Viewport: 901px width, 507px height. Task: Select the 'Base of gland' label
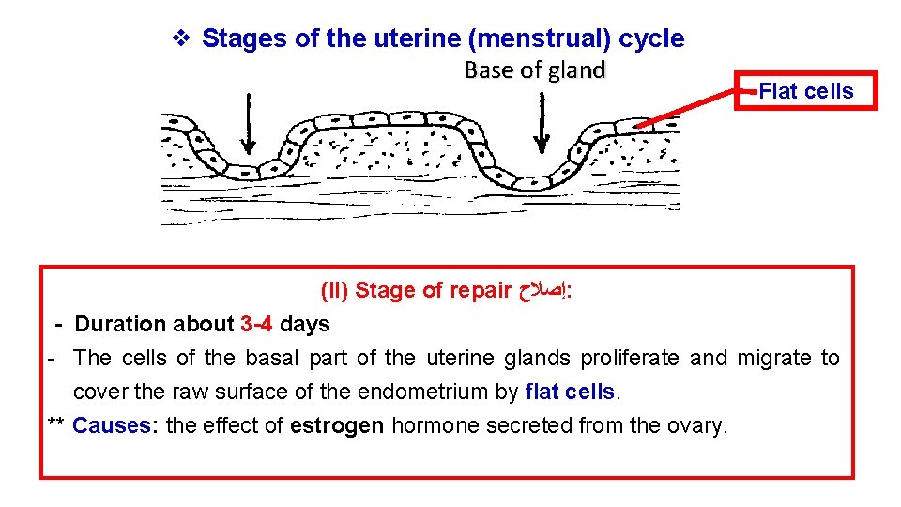click(x=535, y=70)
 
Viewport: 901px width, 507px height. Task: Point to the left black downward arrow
click(x=248, y=122)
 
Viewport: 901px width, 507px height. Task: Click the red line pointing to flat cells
click(x=695, y=109)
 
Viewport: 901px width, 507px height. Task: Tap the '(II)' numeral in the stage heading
click(x=335, y=291)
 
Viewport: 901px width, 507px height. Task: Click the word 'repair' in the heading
click(x=481, y=291)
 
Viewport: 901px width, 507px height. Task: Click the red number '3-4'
click(x=256, y=325)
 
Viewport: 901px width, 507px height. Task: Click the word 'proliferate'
click(x=632, y=359)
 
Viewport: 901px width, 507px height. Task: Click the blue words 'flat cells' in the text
click(x=571, y=392)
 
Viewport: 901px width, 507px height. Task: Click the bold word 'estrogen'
click(x=337, y=425)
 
